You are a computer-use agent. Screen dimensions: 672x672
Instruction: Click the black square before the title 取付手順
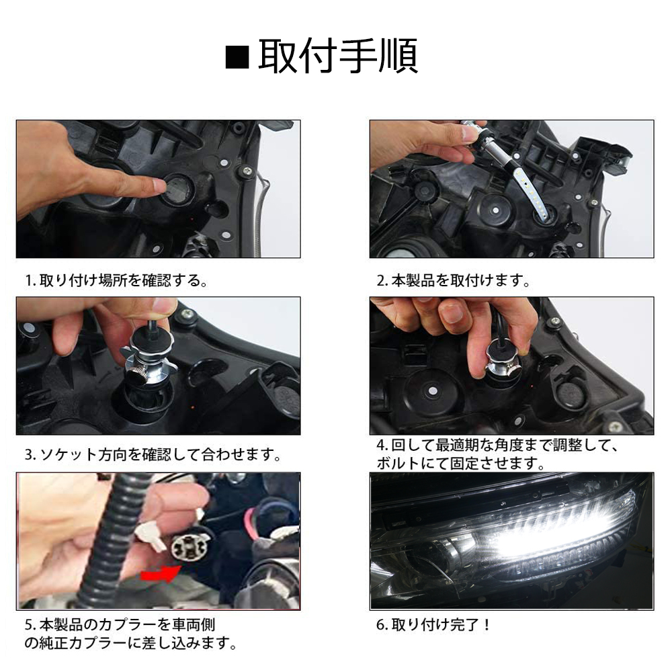pos(237,57)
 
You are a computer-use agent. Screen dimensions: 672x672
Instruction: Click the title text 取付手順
pos(338,56)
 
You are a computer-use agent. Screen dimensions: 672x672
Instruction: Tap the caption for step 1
pos(116,281)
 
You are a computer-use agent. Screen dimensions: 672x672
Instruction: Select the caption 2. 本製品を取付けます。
pos(454,281)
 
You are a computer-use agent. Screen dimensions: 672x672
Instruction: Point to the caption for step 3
pos(153,454)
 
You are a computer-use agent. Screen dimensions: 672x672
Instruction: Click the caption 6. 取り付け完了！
pos(433,625)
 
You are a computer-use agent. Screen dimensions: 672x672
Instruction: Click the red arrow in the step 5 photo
pos(161,575)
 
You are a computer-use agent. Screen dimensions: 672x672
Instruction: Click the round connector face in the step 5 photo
pos(187,548)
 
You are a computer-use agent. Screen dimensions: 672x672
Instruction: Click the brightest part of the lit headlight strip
pos(527,541)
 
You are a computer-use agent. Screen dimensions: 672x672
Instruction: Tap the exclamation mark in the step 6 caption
pos(486,625)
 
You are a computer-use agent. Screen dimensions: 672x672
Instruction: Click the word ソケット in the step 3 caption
pos(68,454)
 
